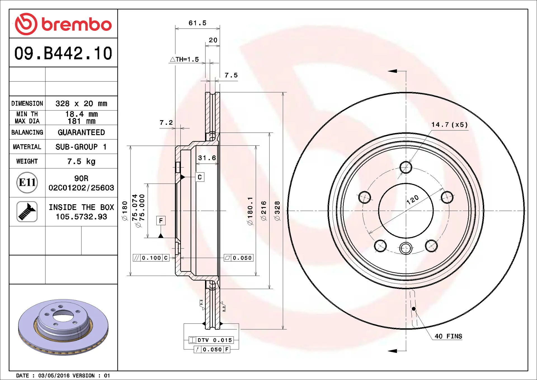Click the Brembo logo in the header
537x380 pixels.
pyautogui.click(x=63, y=24)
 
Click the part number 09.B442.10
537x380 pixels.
pyautogui.click(x=63, y=53)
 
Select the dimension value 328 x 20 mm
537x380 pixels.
pyautogui.click(x=81, y=104)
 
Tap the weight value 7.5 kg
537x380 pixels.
pyautogui.click(x=81, y=161)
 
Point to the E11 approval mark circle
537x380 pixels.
pyautogui.click(x=27, y=182)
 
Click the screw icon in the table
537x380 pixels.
pyautogui.click(x=27, y=212)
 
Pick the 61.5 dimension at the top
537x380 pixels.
pyautogui.click(x=197, y=23)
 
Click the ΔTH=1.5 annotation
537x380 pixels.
pyautogui.click(x=184, y=59)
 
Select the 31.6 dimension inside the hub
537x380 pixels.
pyautogui.click(x=207, y=158)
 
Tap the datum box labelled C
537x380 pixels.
pyautogui.click(x=200, y=177)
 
